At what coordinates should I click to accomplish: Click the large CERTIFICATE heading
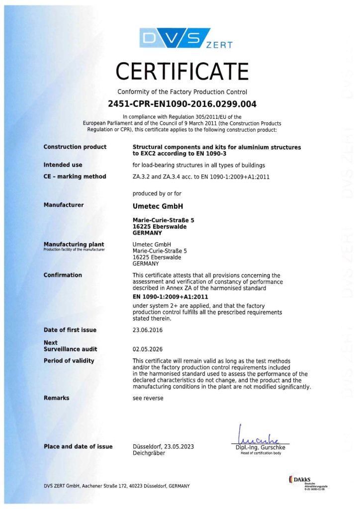(x=182, y=72)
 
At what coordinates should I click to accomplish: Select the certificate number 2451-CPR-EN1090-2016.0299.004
(x=182, y=104)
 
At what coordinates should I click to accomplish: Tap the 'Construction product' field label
(x=75, y=147)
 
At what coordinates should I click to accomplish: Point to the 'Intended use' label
(x=63, y=165)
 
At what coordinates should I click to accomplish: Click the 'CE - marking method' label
(x=75, y=176)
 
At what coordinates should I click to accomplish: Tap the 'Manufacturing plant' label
(x=74, y=244)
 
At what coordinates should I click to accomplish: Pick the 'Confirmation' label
(x=63, y=275)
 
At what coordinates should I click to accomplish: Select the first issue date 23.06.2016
(x=148, y=330)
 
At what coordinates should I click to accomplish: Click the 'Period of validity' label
(x=69, y=360)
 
